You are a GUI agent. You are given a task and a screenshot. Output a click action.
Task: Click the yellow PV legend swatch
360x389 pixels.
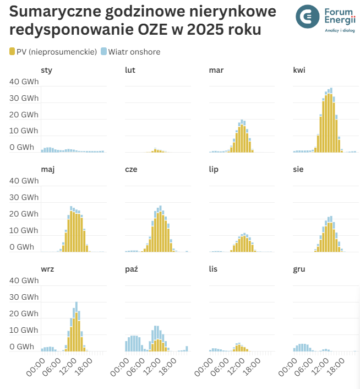13,52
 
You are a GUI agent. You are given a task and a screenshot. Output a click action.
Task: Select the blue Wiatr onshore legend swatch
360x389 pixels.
103,52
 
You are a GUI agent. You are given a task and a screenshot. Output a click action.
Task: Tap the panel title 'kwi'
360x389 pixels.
299,70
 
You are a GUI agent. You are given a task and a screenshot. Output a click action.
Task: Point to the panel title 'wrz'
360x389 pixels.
47,269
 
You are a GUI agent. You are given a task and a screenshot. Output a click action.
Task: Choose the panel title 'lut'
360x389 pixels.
130,70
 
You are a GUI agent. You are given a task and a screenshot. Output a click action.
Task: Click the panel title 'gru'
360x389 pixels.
299,269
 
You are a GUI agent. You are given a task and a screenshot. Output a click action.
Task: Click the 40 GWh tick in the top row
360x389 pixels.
24,82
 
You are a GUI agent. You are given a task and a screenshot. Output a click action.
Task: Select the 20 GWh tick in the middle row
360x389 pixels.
24,214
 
